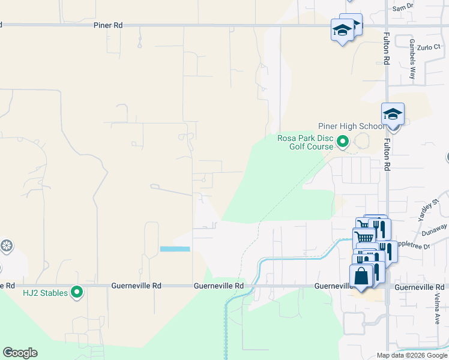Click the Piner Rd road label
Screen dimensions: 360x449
point(108,25)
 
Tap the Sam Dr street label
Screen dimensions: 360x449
point(403,7)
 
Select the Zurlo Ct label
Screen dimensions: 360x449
point(429,46)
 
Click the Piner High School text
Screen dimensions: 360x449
point(351,126)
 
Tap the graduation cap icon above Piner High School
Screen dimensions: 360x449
point(393,113)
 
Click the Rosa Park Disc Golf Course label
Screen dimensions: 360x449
point(305,142)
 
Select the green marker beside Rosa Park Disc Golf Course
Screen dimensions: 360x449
point(343,142)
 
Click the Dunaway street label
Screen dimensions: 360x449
point(435,229)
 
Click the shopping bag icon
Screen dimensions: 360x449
point(361,277)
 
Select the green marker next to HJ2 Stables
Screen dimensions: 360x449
point(77,292)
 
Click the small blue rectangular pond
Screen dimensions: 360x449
point(175,248)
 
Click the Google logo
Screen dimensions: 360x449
point(20,353)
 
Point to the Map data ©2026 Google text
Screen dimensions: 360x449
point(411,355)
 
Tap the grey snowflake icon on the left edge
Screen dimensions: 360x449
point(7,245)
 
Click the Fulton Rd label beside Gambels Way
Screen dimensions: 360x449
point(387,49)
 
